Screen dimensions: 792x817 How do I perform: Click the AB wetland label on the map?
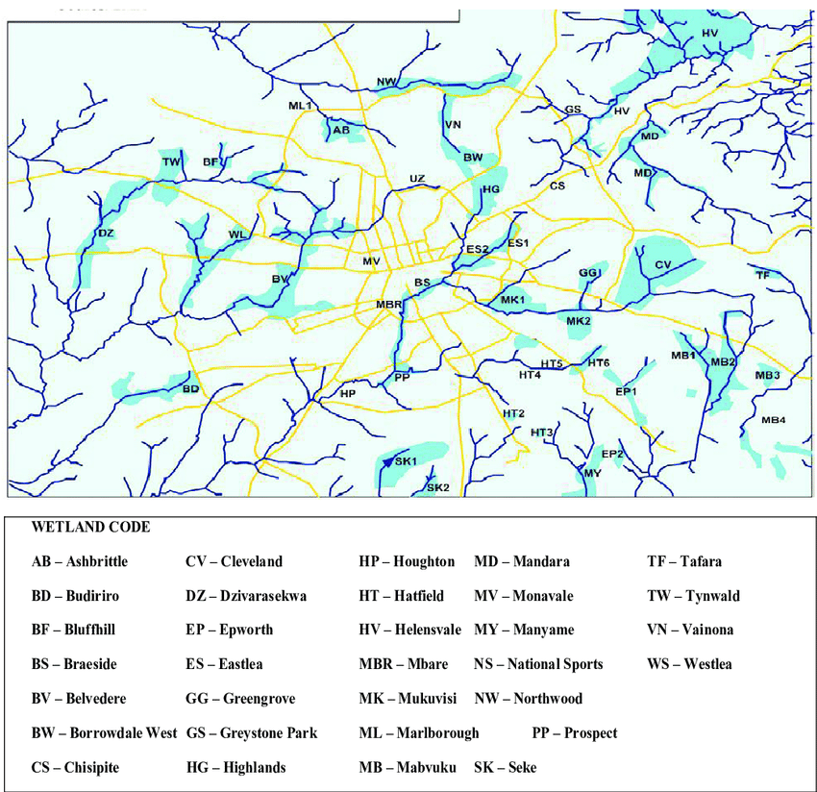(341, 130)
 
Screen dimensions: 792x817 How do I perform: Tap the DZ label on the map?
(106, 234)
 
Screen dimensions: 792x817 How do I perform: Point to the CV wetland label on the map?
(663, 264)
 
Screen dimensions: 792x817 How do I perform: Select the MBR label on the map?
(388, 305)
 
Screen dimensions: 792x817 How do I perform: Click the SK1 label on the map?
(405, 462)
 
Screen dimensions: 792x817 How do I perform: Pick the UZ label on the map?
(416, 179)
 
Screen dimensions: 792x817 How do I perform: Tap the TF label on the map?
(763, 276)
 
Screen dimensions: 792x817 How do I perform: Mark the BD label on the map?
(190, 389)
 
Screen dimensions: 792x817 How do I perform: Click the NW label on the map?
(387, 82)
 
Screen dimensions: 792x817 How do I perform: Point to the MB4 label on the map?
(773, 420)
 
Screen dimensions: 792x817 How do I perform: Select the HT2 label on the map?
(514, 413)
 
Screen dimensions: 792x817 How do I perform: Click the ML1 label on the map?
(300, 106)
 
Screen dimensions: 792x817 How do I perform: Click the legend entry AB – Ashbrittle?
(80, 561)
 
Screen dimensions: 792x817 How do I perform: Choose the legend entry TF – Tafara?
(684, 561)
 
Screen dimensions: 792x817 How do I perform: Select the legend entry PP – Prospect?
(574, 732)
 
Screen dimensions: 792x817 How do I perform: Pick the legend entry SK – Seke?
(506, 767)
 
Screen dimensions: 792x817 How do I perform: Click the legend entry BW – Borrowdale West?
(104, 732)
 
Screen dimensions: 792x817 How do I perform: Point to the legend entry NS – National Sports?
(538, 664)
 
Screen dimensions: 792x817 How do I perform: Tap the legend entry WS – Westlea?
(687, 664)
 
